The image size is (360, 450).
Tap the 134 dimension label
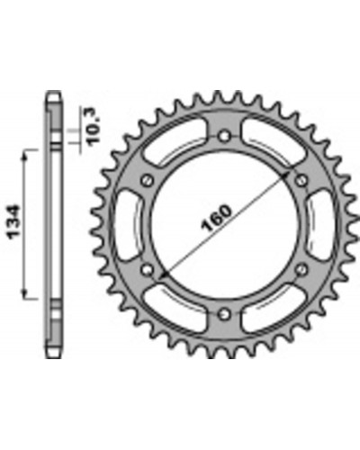[x=14, y=222]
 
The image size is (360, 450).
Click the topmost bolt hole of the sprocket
[x=223, y=137]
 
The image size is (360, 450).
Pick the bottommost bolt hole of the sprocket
[x=223, y=314]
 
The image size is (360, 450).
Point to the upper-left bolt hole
[x=147, y=181]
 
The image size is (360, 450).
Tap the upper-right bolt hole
[x=301, y=181]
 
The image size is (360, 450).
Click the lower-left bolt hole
[x=147, y=269]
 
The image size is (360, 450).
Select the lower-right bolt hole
[x=301, y=269]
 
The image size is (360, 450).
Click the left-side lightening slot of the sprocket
[x=127, y=225]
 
